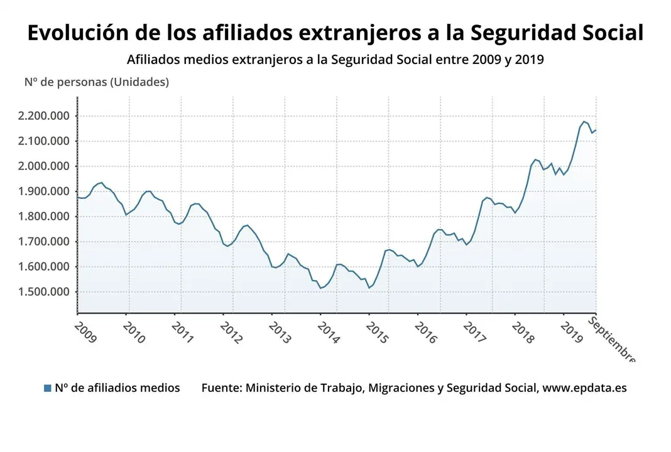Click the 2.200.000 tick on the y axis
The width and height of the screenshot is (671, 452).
point(44,116)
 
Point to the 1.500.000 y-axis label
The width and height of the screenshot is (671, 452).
point(44,292)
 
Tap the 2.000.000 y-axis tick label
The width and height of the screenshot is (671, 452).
point(44,166)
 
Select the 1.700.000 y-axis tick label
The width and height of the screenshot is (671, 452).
point(44,242)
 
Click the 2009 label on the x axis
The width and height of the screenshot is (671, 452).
point(85,333)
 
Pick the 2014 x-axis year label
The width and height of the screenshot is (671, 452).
point(327,333)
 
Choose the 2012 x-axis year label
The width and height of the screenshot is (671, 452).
point(231,333)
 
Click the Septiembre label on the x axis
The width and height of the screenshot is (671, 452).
point(611,340)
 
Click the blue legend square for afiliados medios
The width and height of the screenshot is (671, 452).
point(47,388)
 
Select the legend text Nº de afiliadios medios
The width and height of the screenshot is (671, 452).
point(117,388)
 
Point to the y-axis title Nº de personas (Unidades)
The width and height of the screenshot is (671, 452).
point(97,82)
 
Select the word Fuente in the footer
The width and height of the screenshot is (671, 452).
point(220,388)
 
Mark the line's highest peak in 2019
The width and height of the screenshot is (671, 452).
point(584,121)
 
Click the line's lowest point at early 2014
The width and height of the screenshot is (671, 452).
point(320,288)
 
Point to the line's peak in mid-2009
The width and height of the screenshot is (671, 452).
point(101,183)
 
